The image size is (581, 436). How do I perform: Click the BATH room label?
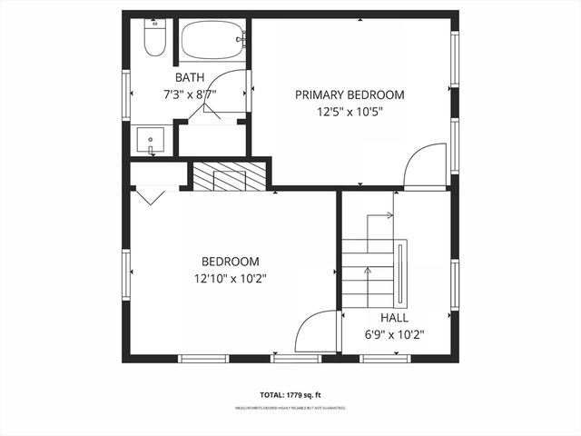(x=190, y=77)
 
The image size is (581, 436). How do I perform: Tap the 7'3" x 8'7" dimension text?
(x=190, y=94)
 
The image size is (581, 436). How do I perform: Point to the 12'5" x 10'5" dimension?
(x=350, y=113)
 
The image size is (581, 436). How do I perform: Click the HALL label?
(x=394, y=318)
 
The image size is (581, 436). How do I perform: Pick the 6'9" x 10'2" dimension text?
(x=394, y=334)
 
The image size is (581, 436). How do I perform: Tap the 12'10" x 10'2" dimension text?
(x=230, y=278)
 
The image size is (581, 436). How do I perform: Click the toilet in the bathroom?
(x=153, y=37)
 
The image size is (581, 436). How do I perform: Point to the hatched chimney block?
(x=230, y=176)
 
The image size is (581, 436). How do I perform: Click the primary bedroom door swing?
(x=422, y=165)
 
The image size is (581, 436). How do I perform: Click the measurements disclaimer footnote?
(x=290, y=409)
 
